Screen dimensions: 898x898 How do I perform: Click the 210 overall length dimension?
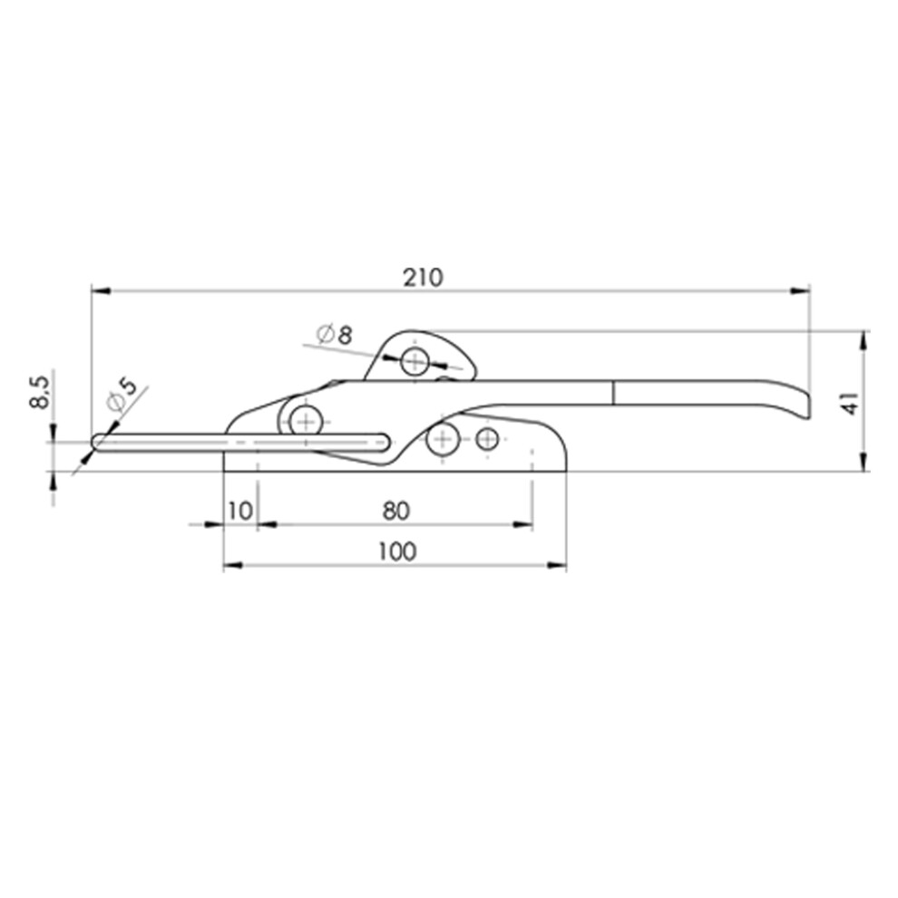point(424,278)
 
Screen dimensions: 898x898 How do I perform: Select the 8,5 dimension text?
point(40,392)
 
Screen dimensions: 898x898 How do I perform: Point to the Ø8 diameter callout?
point(335,334)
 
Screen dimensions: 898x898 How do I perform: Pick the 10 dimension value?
point(240,511)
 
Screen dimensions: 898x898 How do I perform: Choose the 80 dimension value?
point(396,511)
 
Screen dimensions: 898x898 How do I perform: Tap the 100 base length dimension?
point(397,551)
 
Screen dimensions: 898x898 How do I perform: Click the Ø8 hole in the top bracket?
point(415,361)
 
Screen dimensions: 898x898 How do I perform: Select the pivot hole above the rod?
point(307,422)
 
